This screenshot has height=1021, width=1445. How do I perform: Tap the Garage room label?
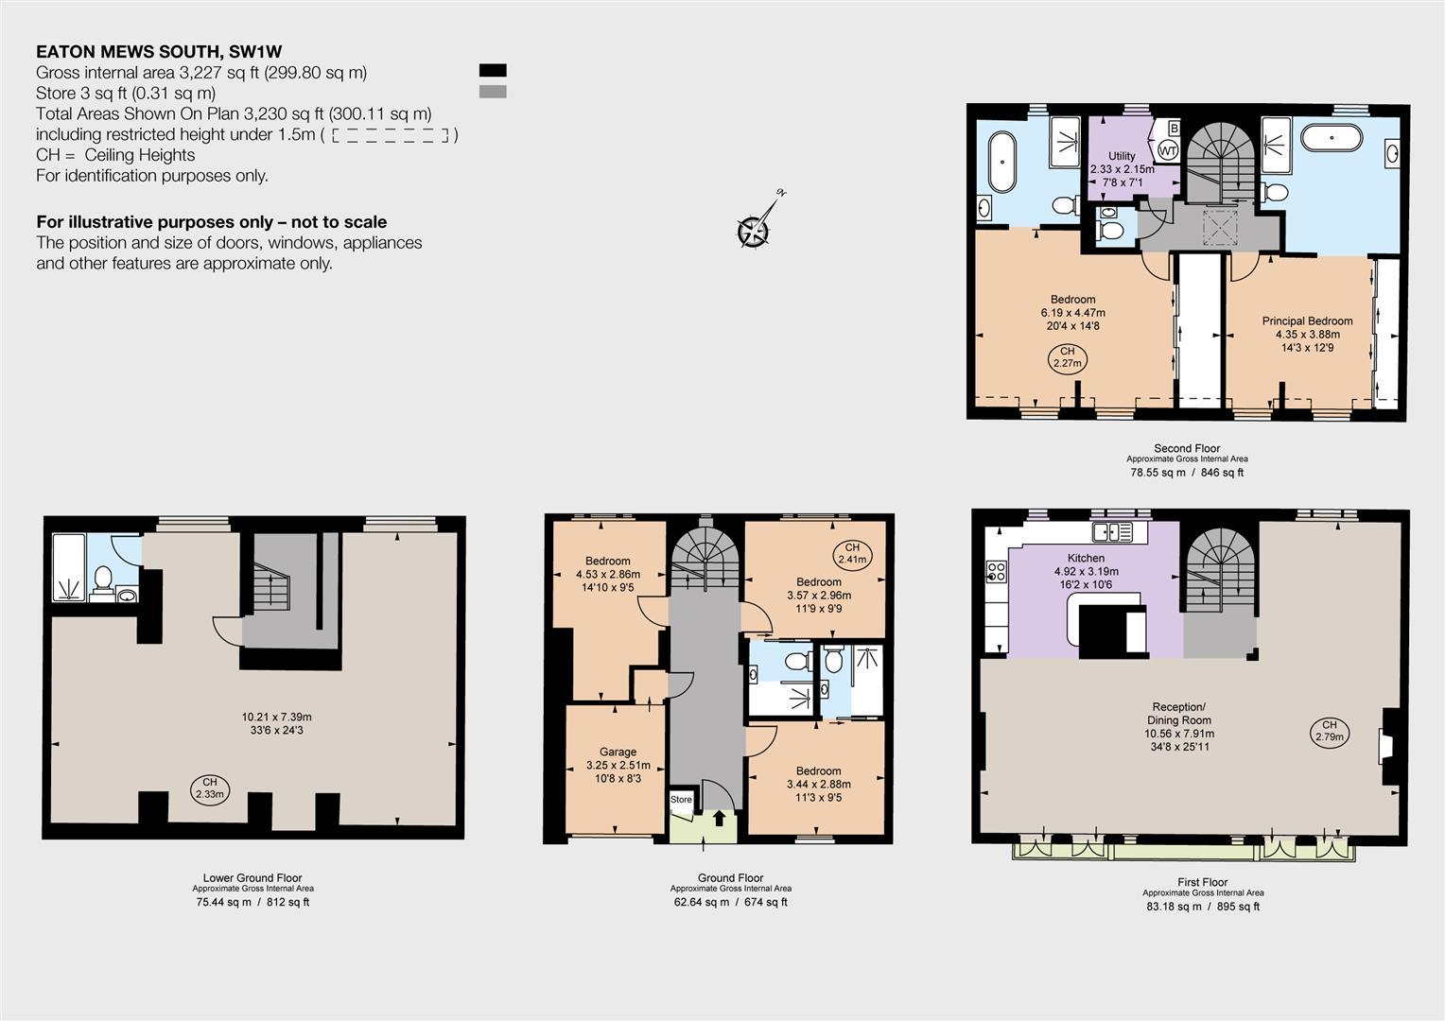pos(618,752)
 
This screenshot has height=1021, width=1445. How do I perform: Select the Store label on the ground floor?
pos(681,799)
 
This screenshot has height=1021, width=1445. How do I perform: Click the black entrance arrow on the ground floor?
pos(720,818)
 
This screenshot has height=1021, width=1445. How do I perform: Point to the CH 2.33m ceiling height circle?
pos(210,788)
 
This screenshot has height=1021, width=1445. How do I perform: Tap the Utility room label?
pos(1122,155)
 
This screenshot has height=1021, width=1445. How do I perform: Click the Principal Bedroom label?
pos(1307,320)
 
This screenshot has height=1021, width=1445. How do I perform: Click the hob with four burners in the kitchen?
pos(997,571)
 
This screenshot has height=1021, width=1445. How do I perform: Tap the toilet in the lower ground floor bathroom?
pos(102,579)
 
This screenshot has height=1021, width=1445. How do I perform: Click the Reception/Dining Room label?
pos(1179,714)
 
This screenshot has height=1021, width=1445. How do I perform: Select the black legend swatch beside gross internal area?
pos(493,70)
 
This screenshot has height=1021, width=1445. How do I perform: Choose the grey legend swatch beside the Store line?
pos(493,92)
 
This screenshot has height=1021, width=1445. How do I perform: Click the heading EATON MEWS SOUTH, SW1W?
pos(159,52)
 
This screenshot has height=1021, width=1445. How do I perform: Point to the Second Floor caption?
pos(1187,447)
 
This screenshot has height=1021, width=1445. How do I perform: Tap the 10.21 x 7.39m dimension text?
pos(277,717)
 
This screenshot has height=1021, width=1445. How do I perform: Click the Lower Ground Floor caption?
pos(252,877)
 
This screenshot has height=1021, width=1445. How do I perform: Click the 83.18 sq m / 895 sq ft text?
pos(1203,907)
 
